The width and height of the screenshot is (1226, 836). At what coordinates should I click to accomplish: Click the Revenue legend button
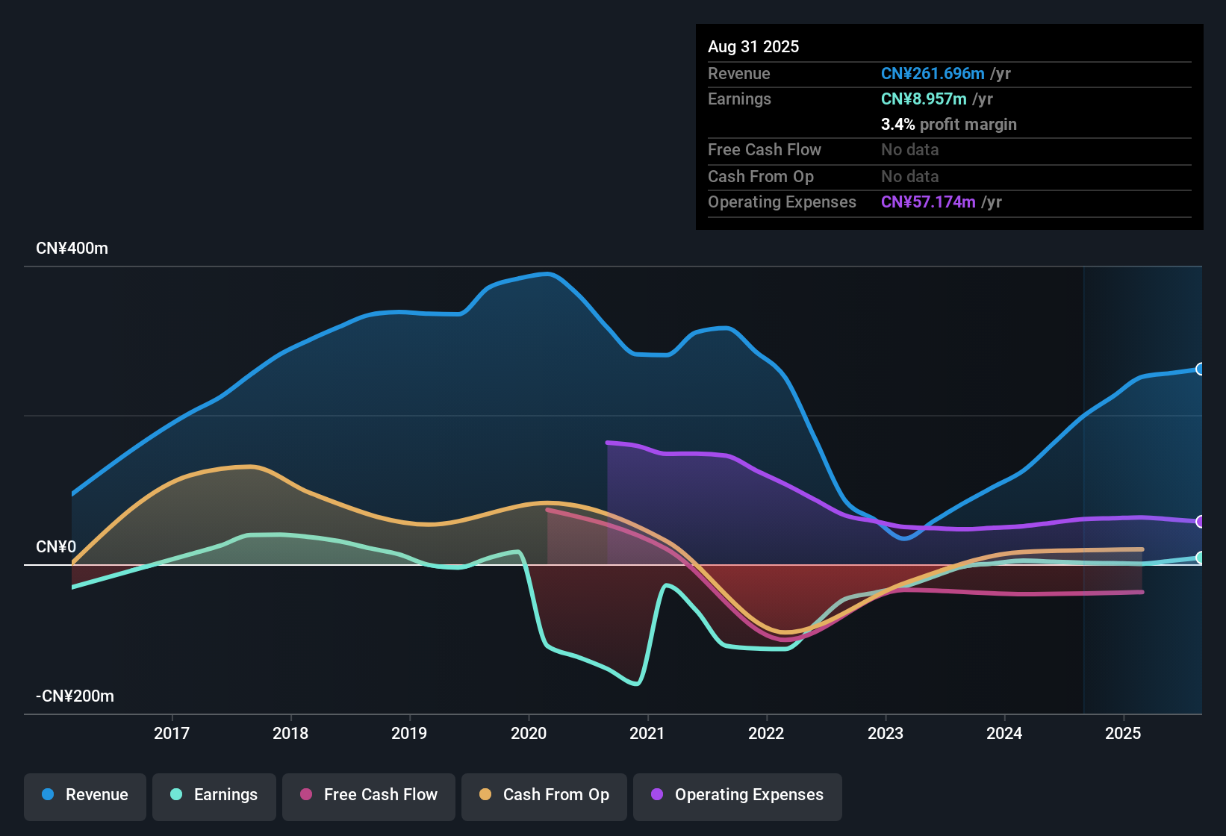pyautogui.click(x=85, y=795)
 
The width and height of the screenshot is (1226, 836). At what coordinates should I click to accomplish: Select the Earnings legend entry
pyautogui.click(x=214, y=795)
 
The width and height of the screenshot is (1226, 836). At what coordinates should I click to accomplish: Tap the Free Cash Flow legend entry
pyautogui.click(x=369, y=795)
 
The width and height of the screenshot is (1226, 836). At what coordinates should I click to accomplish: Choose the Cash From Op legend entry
pyautogui.click(x=544, y=795)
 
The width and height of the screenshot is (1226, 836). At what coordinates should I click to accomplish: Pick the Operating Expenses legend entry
pyautogui.click(x=738, y=795)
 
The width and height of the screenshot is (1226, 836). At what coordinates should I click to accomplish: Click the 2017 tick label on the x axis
pyautogui.click(x=172, y=733)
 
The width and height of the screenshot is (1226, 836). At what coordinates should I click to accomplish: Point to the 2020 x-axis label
pyautogui.click(x=529, y=733)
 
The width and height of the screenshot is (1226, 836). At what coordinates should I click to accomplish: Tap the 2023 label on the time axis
pyautogui.click(x=886, y=733)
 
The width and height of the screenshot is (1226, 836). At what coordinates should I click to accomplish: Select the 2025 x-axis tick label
pyautogui.click(x=1123, y=733)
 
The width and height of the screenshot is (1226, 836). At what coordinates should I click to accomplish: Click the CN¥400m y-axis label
pyautogui.click(x=72, y=249)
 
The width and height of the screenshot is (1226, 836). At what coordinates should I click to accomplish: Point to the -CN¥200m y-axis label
pyautogui.click(x=75, y=696)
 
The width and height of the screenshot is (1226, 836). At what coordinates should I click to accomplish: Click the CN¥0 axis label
pyautogui.click(x=56, y=547)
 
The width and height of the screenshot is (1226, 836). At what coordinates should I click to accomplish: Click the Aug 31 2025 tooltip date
pyautogui.click(x=753, y=47)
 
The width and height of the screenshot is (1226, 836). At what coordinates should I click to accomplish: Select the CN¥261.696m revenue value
pyautogui.click(x=933, y=74)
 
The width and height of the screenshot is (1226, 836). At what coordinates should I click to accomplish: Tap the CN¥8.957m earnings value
pyautogui.click(x=924, y=99)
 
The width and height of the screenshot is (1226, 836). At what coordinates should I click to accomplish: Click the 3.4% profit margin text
pyautogui.click(x=948, y=125)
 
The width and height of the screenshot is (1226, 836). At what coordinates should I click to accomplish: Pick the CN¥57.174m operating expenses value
pyautogui.click(x=928, y=202)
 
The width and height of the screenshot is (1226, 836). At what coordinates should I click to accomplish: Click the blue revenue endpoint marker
pyautogui.click(x=1200, y=369)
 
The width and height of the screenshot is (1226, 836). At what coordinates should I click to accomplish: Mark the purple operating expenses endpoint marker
pyautogui.click(x=1200, y=522)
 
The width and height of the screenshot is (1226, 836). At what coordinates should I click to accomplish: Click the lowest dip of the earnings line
pyautogui.click(x=636, y=683)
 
